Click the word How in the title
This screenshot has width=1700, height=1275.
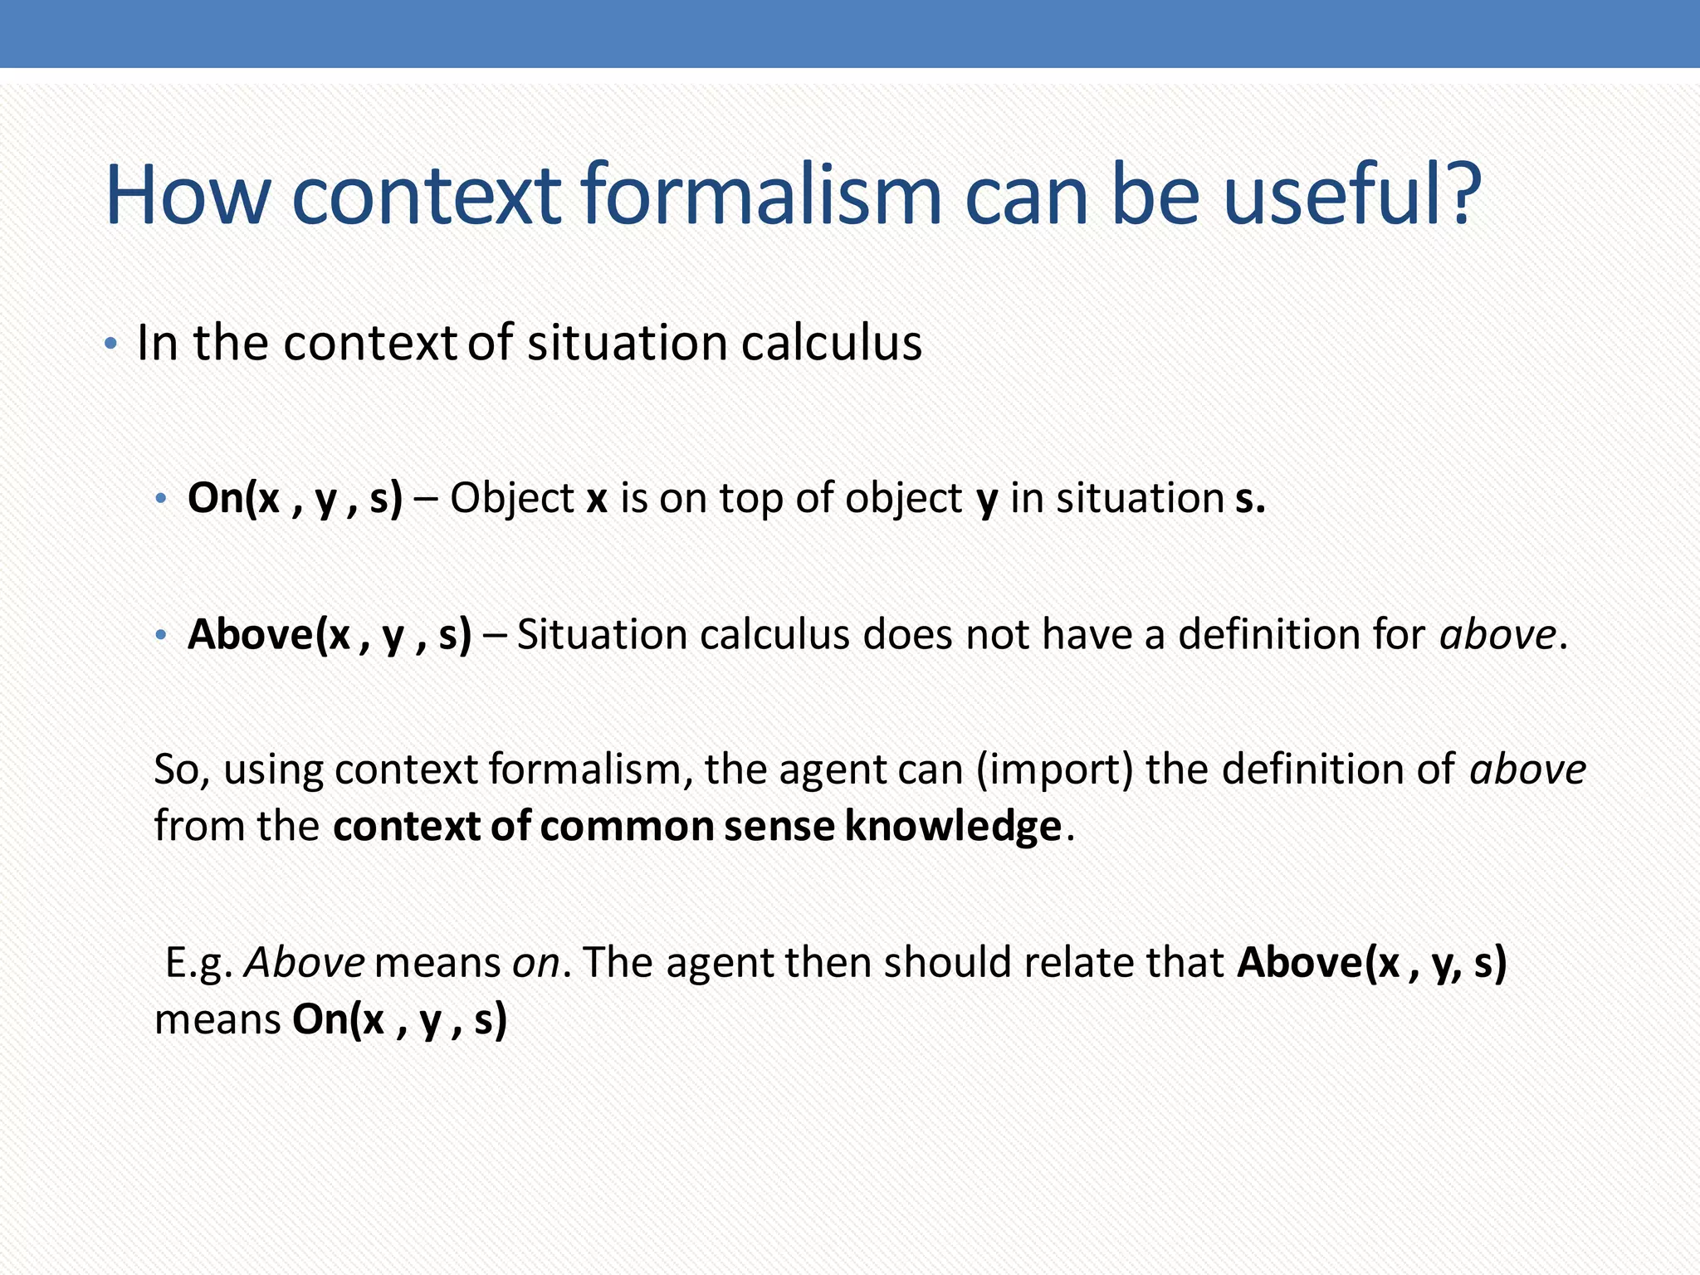[x=188, y=195]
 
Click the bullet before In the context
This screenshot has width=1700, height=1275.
[x=110, y=344]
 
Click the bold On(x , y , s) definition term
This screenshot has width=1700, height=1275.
[x=295, y=498]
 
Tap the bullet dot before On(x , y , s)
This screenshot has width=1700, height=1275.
[x=161, y=500]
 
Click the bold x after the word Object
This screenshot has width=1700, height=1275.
[x=597, y=499]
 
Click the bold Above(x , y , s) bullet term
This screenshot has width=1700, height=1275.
[x=329, y=635]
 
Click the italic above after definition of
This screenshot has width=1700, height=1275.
[x=1527, y=769]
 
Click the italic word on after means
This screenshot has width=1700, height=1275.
[x=535, y=963]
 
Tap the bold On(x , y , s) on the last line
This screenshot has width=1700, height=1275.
[x=399, y=1019]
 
